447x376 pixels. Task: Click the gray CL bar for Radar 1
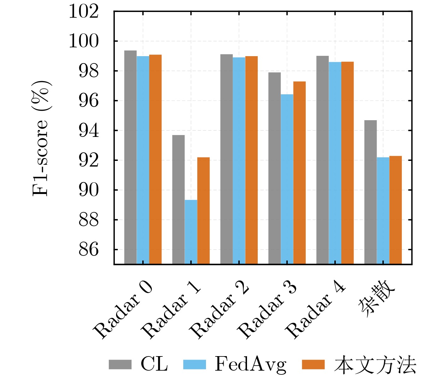tap(179, 199)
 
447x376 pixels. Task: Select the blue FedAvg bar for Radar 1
tap(191, 232)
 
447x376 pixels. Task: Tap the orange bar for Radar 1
tap(203, 210)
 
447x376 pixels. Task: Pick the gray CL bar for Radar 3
tap(274, 168)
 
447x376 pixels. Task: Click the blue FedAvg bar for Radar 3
tap(287, 179)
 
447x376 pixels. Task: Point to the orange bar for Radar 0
tap(156, 159)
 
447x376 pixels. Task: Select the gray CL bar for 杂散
tap(370, 192)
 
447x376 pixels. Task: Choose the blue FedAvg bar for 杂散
tap(383, 210)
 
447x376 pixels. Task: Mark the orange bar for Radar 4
tap(347, 163)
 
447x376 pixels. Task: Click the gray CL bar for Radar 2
tap(226, 159)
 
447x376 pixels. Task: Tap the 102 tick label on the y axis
tap(84, 12)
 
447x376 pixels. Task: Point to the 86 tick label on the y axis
tap(89, 250)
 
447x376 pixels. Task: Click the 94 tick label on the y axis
tap(89, 131)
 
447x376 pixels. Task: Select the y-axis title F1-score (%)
tap(41, 138)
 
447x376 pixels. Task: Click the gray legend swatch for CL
tap(120, 365)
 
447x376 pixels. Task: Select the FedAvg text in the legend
tap(250, 365)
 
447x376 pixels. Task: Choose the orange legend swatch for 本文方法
tap(313, 365)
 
